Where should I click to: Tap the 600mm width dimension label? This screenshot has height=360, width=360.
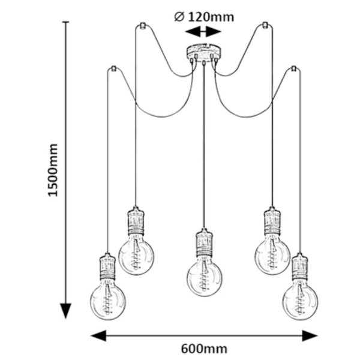pyautogui.click(x=203, y=348)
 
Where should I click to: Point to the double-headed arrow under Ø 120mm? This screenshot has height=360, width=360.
pyautogui.click(x=203, y=31)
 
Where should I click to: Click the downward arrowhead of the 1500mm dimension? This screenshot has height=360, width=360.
pyautogui.click(x=65, y=311)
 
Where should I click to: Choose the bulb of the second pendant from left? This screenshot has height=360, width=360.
pyautogui.click(x=136, y=254)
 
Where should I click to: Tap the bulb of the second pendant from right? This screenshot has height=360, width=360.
pyautogui.click(x=272, y=254)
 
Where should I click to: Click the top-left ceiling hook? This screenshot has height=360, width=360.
pyautogui.click(x=142, y=26)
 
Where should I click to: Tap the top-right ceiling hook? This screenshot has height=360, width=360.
pyautogui.click(x=265, y=26)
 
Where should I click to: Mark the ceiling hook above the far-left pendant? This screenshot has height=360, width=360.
pyautogui.click(x=112, y=70)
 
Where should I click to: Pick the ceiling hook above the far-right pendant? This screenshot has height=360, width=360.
pyautogui.click(x=294, y=70)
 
